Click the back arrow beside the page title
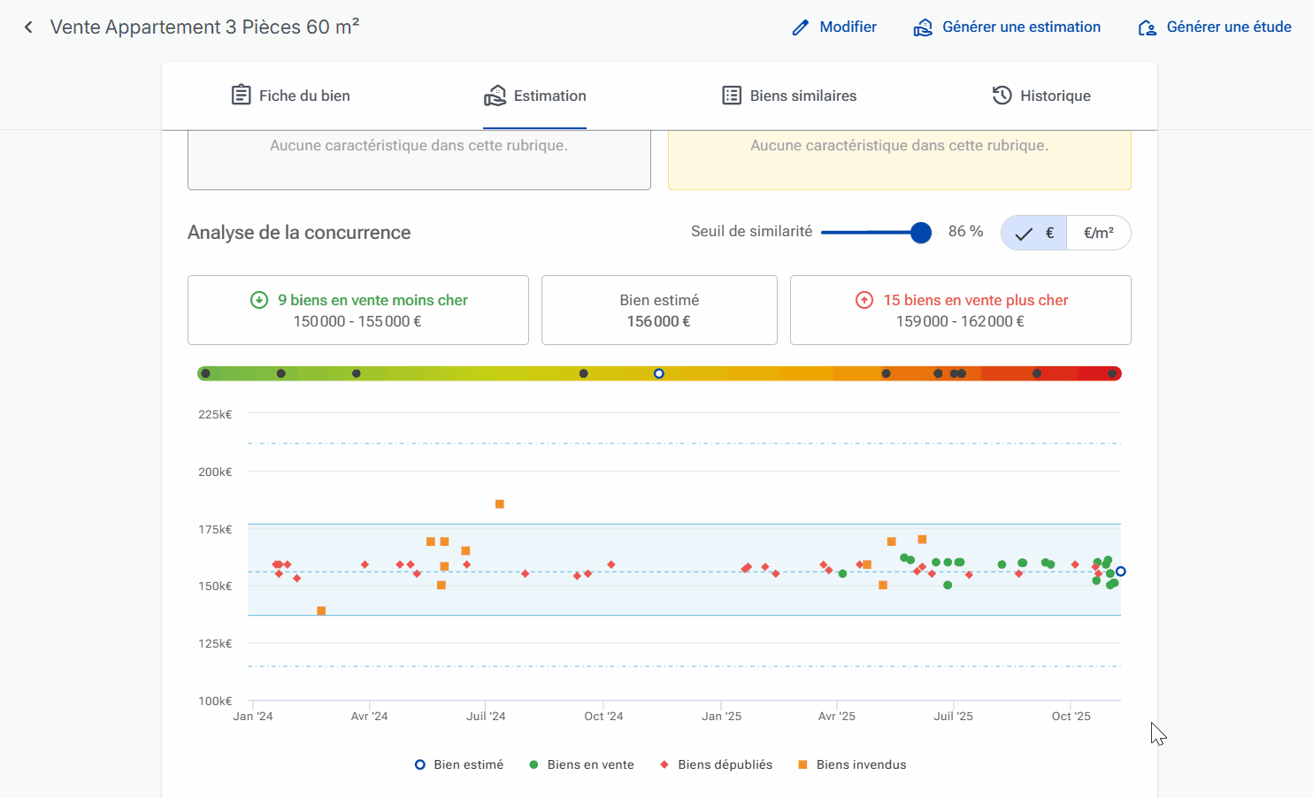point(28,27)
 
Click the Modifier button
point(834,27)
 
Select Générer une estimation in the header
point(1007,27)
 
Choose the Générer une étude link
point(1215,27)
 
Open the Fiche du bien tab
point(291,96)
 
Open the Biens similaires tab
point(789,96)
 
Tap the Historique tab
point(1041,96)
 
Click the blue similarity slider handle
point(921,233)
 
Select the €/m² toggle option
point(1099,234)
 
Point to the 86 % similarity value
point(965,232)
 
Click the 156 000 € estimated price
point(659,322)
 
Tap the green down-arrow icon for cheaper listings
point(259,300)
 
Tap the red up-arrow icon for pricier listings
point(864,300)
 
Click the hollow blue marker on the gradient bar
point(659,373)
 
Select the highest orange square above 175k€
point(499,504)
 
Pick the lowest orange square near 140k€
point(321,610)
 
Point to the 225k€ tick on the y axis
point(215,415)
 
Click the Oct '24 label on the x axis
point(603,716)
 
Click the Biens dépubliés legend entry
point(717,764)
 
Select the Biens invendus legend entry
point(852,764)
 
